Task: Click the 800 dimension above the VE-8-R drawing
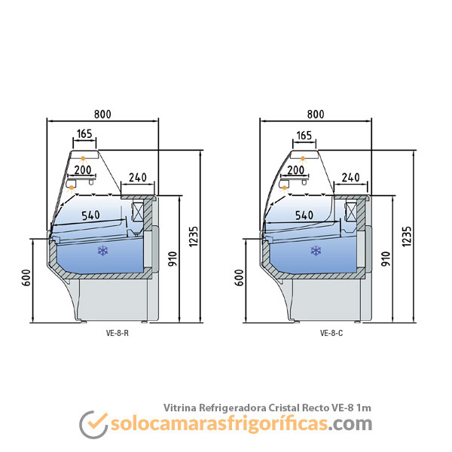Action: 102,114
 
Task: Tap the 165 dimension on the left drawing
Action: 84,134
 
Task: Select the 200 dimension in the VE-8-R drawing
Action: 83,169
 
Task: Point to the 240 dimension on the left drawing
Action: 137,178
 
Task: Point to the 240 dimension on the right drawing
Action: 350,178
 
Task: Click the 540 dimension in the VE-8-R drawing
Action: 90,215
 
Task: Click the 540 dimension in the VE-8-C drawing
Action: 304,215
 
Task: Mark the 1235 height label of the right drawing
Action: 407,235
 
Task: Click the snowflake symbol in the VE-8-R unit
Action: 102,251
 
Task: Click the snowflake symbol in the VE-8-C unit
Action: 315,251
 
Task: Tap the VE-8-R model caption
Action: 118,332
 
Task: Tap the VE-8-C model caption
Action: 330,332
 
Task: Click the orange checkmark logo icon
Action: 92,424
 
